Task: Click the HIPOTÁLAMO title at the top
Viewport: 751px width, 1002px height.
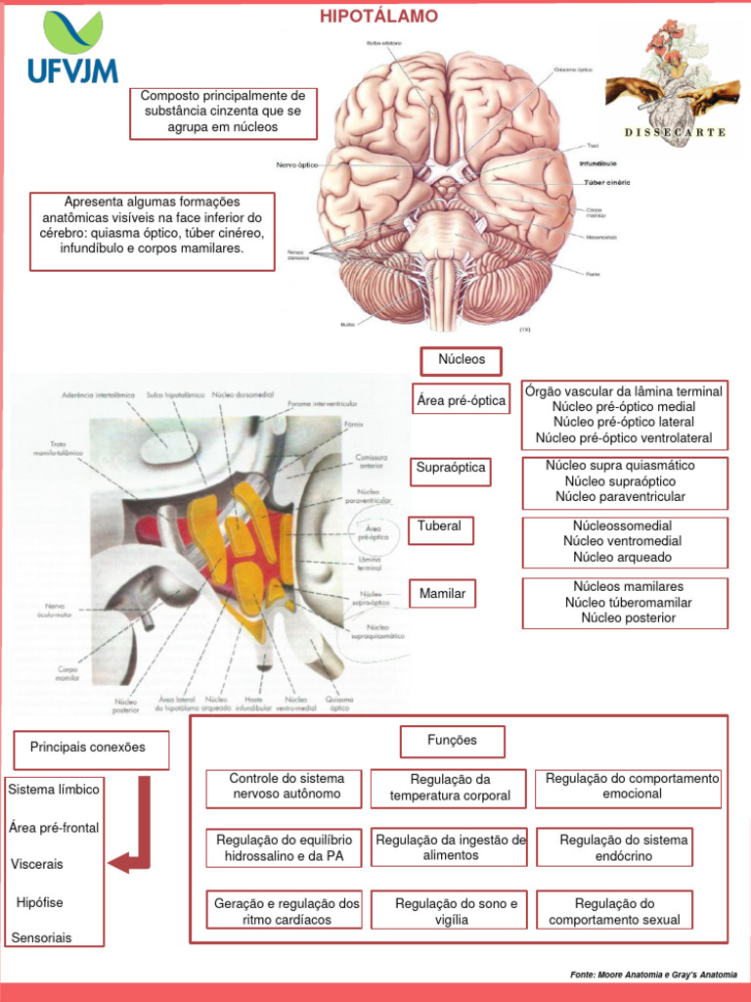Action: point(379,17)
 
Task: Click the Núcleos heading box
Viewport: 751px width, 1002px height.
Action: point(462,360)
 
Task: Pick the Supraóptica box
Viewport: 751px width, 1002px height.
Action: point(451,469)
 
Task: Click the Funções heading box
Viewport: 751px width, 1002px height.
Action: point(452,741)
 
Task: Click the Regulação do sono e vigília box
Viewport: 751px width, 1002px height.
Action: point(449,911)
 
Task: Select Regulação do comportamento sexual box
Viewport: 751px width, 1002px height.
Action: point(614,911)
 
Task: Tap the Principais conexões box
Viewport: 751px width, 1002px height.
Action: point(89,749)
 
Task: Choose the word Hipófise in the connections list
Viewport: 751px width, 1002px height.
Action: point(39,902)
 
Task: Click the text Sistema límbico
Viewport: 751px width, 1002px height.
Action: point(53,789)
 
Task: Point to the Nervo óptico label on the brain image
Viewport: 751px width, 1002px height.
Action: point(296,165)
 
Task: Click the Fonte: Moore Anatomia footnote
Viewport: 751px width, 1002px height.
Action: point(653,975)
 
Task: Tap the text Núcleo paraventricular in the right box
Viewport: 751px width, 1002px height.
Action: point(621,497)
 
